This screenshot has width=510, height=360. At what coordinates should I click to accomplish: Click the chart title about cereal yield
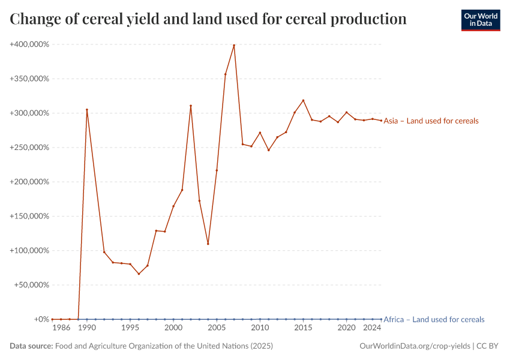point(208,19)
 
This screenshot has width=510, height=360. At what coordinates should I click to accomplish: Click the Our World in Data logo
point(480,20)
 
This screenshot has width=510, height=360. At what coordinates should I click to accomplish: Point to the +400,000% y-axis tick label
point(29,44)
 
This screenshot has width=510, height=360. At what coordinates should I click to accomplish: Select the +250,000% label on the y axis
point(29,148)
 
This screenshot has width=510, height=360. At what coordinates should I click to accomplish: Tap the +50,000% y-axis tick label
point(32,285)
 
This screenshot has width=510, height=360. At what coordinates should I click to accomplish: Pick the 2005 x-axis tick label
point(217,328)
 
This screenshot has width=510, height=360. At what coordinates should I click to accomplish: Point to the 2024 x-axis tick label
point(372,328)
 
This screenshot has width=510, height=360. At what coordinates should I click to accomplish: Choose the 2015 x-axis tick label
point(303,328)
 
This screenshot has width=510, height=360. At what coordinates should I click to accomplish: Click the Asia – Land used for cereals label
point(431,121)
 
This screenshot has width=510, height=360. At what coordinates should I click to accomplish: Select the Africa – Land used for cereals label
point(433,320)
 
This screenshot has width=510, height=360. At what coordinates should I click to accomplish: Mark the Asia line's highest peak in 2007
point(234,45)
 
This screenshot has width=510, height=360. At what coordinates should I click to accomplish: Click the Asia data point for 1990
point(87,110)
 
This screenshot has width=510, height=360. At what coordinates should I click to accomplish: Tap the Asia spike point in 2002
point(191,106)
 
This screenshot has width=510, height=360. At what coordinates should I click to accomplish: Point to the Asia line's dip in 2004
point(208,244)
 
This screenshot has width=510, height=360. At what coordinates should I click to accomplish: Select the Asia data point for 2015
point(303,100)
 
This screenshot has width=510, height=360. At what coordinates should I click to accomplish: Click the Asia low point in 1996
point(139,274)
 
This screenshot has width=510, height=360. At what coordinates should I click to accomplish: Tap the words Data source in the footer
point(31,346)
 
